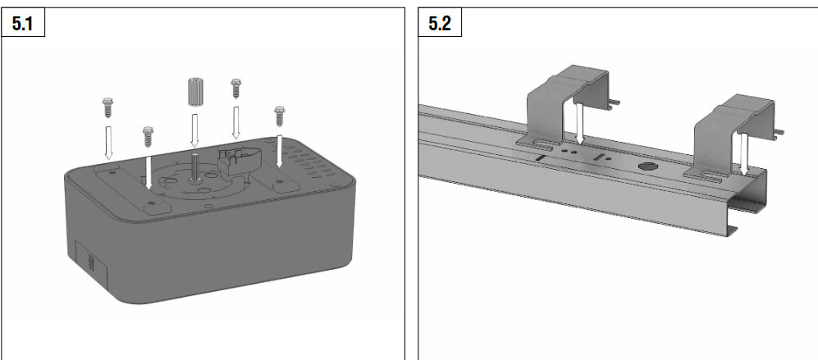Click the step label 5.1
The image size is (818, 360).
pyautogui.click(x=22, y=24)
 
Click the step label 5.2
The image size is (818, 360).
pyautogui.click(x=439, y=24)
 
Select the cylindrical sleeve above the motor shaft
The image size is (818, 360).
pyautogui.click(x=194, y=92)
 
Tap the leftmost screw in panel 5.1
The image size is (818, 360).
pyautogui.click(x=108, y=107)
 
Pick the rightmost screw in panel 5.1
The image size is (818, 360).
pyautogui.click(x=279, y=116)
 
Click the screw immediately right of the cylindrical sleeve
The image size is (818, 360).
pyautogui.click(x=235, y=89)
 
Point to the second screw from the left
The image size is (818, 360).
pyautogui.click(x=149, y=137)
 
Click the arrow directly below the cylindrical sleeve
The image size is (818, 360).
pyautogui.click(x=194, y=130)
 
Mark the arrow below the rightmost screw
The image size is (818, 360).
pyautogui.click(x=280, y=152)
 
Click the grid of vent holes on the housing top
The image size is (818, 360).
pyautogui.click(x=308, y=162)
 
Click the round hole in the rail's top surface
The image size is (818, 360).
pyautogui.click(x=647, y=166)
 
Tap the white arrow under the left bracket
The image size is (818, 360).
pyautogui.click(x=579, y=123)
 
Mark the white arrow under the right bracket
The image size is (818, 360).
pyautogui.click(x=744, y=154)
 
